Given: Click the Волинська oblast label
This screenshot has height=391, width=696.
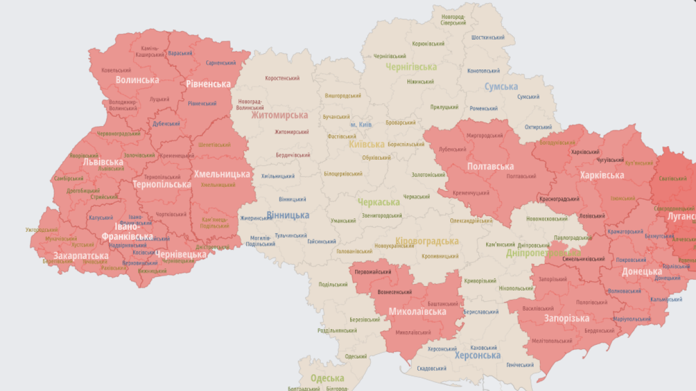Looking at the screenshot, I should tap(137, 80).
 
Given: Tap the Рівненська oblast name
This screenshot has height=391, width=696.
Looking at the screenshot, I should tap(208, 84).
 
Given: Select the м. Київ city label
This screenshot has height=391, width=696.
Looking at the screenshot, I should tap(361, 125).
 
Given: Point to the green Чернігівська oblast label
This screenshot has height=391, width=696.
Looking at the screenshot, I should tap(411, 67).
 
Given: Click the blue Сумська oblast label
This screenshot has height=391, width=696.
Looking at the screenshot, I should tap(501, 86).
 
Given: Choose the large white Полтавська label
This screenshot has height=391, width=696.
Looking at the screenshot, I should tap(490, 166).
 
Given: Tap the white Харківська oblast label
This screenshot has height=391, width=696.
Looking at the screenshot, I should tap(601, 175).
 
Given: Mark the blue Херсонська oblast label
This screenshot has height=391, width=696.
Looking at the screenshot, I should tap(477, 355).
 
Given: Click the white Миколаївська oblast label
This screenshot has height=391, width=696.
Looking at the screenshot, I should tap(417, 311).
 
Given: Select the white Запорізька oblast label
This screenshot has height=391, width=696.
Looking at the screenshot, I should tap(567, 318).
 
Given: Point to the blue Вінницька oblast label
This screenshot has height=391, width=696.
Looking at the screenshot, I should tap(288, 215).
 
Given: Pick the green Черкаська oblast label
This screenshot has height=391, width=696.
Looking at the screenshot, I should tap(378, 202).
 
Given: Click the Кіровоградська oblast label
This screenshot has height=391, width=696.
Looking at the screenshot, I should tap(427, 241).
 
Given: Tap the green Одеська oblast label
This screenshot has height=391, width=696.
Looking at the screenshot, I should tap(327, 378).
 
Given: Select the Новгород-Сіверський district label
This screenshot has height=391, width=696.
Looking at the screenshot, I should tap(453, 20).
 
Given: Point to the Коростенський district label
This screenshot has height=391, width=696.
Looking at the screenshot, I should tap(282, 78).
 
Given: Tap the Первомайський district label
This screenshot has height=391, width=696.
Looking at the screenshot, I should tap(373, 272).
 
